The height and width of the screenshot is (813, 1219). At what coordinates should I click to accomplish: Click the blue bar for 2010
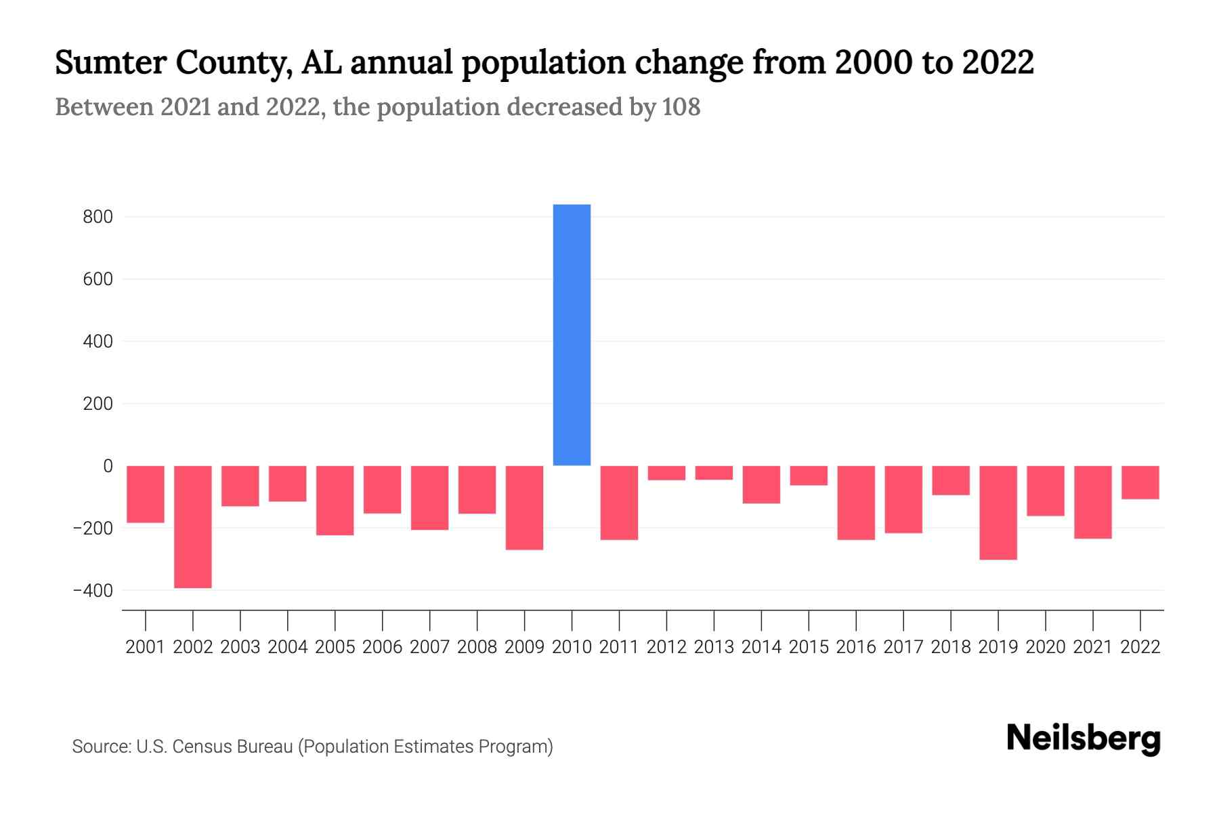pos(572,335)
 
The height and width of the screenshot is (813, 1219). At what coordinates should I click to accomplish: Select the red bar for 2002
pos(193,526)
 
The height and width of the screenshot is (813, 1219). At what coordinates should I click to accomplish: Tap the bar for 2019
pos(998,512)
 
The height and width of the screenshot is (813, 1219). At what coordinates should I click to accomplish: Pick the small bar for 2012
pos(666,473)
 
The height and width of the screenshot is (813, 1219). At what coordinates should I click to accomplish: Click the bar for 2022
pos(1140,482)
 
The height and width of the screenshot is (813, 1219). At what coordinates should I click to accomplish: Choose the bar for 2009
pos(525,507)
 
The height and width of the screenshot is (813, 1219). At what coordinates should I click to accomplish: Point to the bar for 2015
pos(809,476)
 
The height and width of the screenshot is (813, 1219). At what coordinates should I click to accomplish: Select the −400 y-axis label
pos(93,591)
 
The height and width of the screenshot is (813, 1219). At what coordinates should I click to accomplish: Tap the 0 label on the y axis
pos(108,466)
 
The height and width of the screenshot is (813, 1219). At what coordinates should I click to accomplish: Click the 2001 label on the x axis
pos(146,647)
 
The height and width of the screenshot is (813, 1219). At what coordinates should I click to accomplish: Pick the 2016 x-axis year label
pos(856,647)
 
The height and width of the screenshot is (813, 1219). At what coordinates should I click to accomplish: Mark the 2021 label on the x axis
pos(1093,647)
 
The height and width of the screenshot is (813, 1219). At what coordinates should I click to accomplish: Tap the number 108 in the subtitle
pos(681,107)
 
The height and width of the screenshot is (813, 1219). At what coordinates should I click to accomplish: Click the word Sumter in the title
pos(110,63)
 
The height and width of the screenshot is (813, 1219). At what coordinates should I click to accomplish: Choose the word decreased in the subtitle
pos(565,107)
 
